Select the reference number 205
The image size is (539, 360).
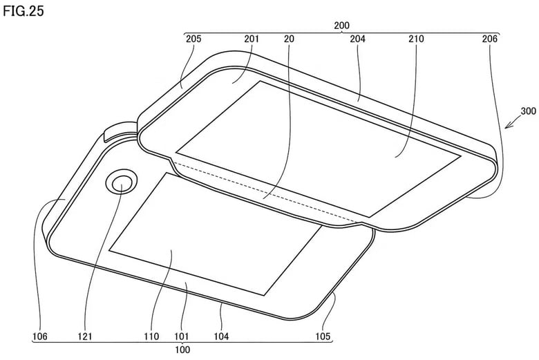click(194, 39)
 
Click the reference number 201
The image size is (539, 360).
click(251, 39)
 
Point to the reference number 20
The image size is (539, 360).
click(288, 39)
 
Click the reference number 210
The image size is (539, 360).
click(417, 39)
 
